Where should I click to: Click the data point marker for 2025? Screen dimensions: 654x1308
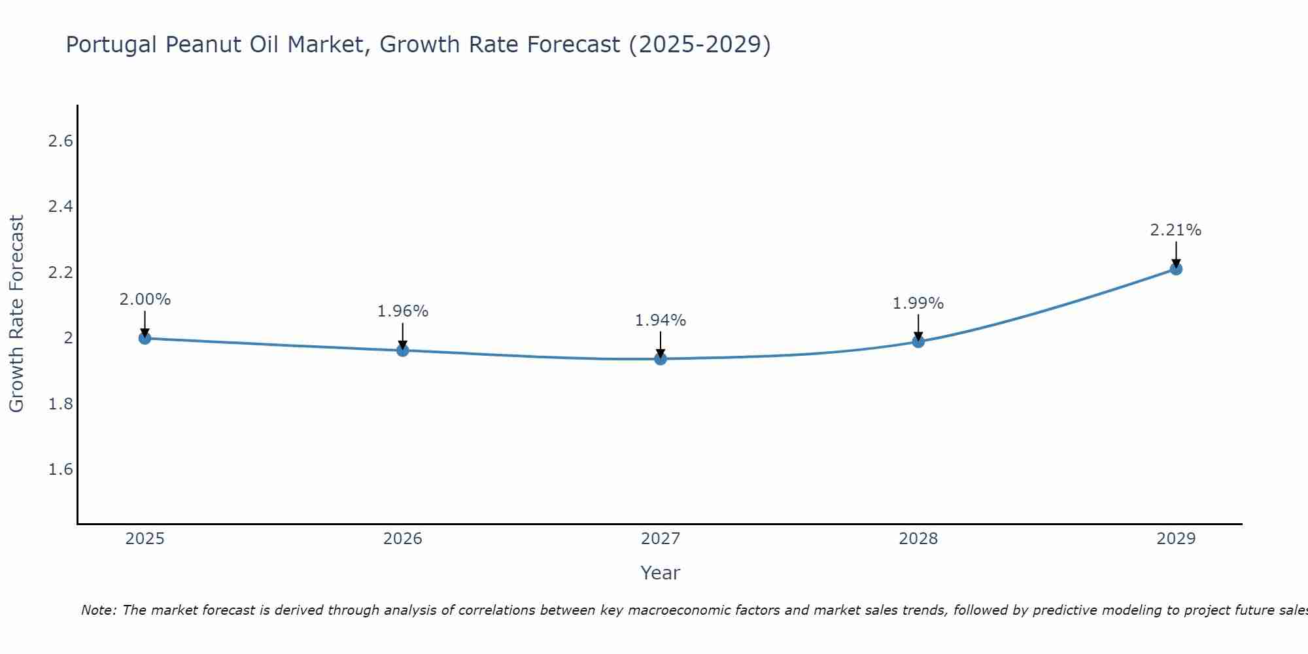click(145, 338)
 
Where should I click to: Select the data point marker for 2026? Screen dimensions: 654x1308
click(402, 351)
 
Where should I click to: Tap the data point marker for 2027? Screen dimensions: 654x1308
click(661, 358)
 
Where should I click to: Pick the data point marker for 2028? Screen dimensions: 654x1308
click(918, 341)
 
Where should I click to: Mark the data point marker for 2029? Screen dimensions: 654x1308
click(1176, 269)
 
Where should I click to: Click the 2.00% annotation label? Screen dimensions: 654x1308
click(145, 300)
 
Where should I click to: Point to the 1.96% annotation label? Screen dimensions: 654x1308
click(402, 311)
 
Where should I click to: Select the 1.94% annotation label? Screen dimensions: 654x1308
click(661, 320)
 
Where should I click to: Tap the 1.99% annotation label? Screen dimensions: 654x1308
click(918, 303)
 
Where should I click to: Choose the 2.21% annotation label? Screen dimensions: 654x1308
click(1176, 230)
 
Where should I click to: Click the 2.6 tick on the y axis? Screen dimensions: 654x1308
click(61, 141)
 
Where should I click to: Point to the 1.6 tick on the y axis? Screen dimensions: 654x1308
click(61, 470)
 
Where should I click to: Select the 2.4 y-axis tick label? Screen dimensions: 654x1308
click(61, 207)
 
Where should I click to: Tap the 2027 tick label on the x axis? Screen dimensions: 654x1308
click(661, 539)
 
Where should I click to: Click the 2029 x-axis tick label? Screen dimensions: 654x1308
click(1176, 539)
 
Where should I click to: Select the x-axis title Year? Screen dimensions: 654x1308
click(661, 573)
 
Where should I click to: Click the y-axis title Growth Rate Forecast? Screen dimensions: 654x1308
click(16, 313)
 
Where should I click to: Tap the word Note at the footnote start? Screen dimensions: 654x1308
click(98, 610)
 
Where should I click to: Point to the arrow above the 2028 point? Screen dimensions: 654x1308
click(918, 326)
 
